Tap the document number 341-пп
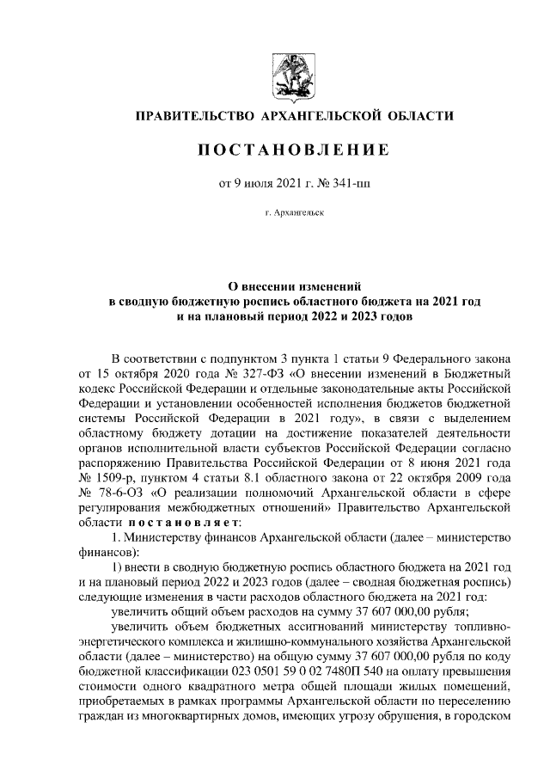tap(351, 183)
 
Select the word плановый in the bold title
tap(228, 316)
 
